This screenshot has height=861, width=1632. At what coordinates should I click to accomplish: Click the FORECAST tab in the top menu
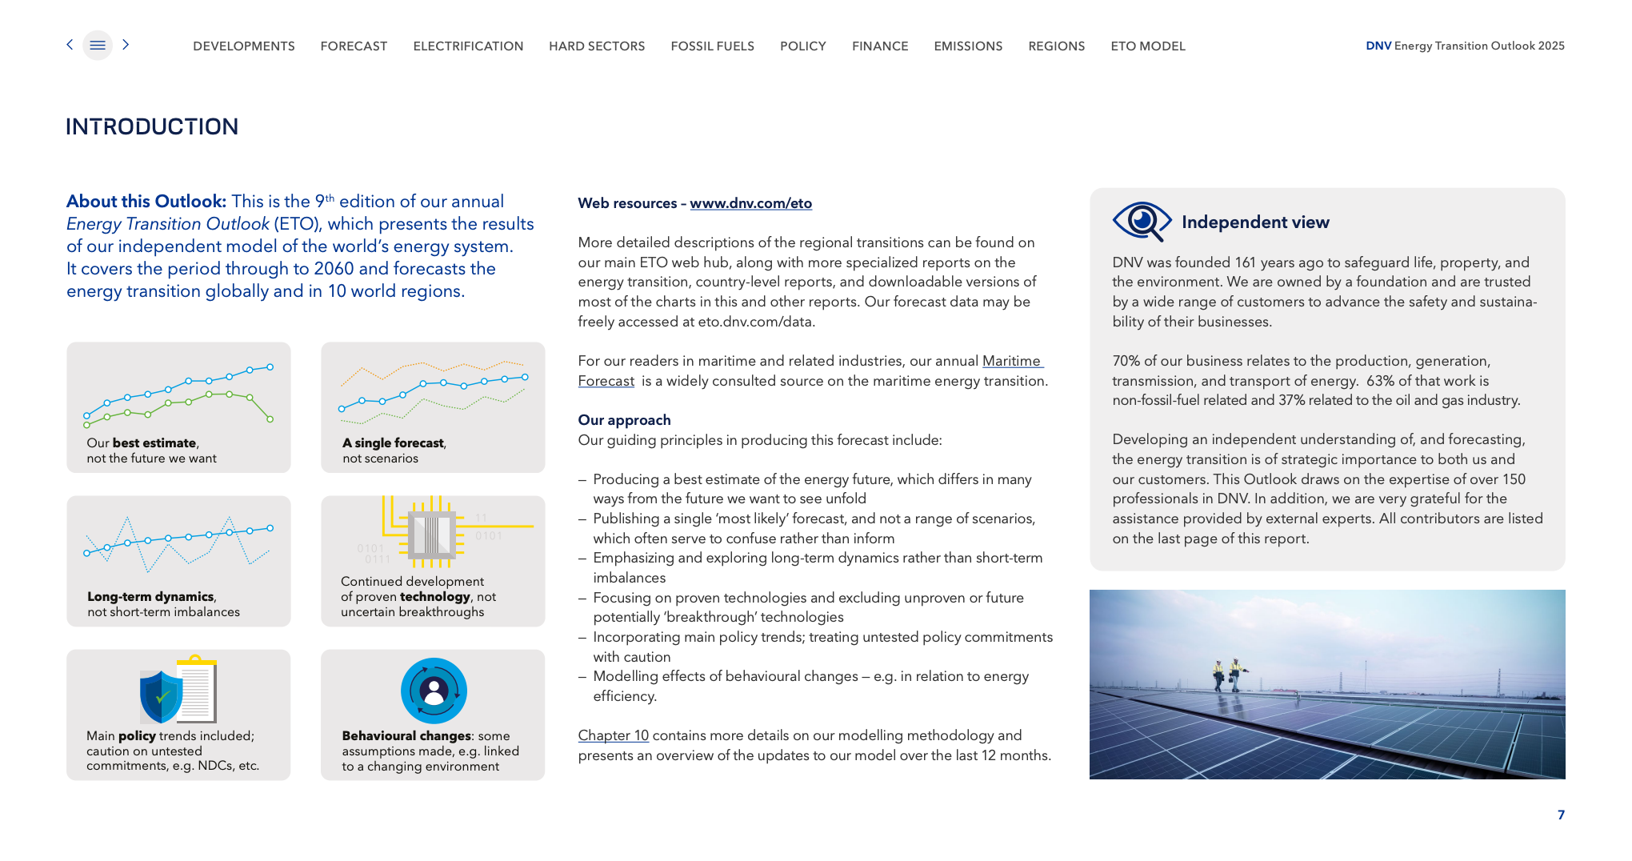click(354, 46)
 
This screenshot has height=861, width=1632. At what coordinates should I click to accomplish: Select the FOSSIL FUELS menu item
click(712, 46)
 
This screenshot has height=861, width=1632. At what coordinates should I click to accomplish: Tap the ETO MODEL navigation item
click(1147, 46)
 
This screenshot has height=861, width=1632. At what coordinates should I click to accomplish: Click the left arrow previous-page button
click(70, 45)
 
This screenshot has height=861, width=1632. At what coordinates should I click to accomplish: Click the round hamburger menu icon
click(98, 46)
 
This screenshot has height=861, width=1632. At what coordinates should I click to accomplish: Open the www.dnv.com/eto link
click(750, 203)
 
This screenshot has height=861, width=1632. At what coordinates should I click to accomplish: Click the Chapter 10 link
click(613, 735)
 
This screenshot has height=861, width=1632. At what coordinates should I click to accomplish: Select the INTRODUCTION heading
click(152, 126)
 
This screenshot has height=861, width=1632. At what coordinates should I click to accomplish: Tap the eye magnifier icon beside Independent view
click(1142, 221)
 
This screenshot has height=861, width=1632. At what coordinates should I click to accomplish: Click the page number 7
click(1561, 815)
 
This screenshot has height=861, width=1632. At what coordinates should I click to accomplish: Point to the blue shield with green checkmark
click(161, 696)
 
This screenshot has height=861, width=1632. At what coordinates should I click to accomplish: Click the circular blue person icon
click(434, 691)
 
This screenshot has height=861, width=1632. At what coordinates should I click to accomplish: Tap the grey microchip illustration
click(432, 534)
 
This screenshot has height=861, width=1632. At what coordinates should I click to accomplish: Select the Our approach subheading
click(624, 420)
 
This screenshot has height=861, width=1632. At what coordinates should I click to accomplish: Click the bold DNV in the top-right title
click(1378, 46)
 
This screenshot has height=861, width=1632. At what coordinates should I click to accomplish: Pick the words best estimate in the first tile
click(154, 443)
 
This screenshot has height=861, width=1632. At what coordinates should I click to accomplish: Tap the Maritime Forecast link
click(1012, 362)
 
